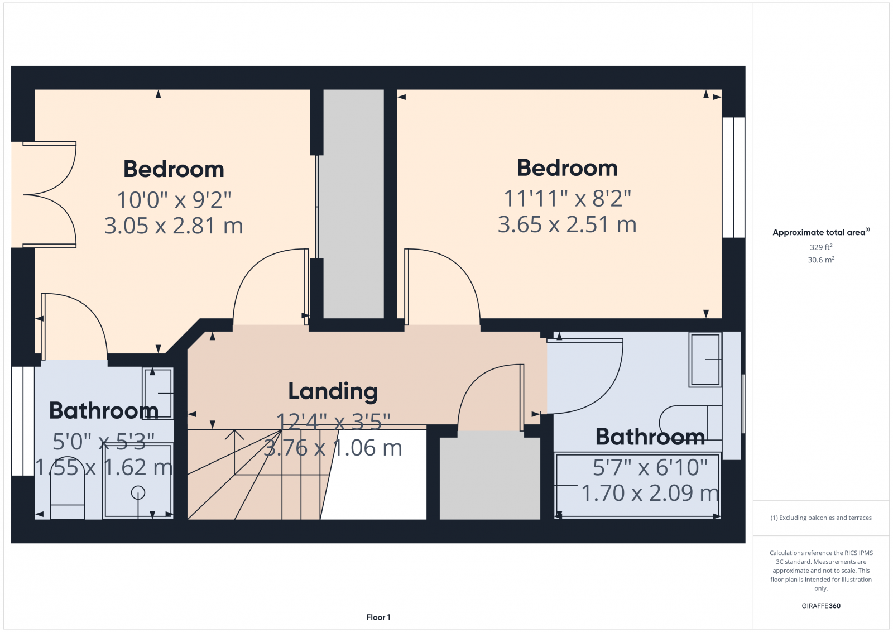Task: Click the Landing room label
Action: click(333, 391)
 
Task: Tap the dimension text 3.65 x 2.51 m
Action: click(567, 224)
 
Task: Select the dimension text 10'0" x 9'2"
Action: click(174, 199)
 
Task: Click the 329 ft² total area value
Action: click(820, 247)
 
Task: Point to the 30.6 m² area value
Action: click(820, 260)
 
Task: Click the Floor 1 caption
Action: click(378, 617)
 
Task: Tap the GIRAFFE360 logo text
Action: click(820, 606)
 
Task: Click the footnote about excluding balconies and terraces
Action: click(820, 518)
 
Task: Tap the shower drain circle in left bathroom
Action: click(138, 492)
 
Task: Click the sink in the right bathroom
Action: click(705, 360)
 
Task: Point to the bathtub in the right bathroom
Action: click(637, 486)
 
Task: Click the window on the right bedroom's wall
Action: click(733, 177)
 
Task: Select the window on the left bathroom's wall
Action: click(23, 421)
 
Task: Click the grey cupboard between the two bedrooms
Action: click(353, 204)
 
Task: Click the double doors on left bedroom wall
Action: click(47, 194)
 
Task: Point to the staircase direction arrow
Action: click(238, 435)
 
